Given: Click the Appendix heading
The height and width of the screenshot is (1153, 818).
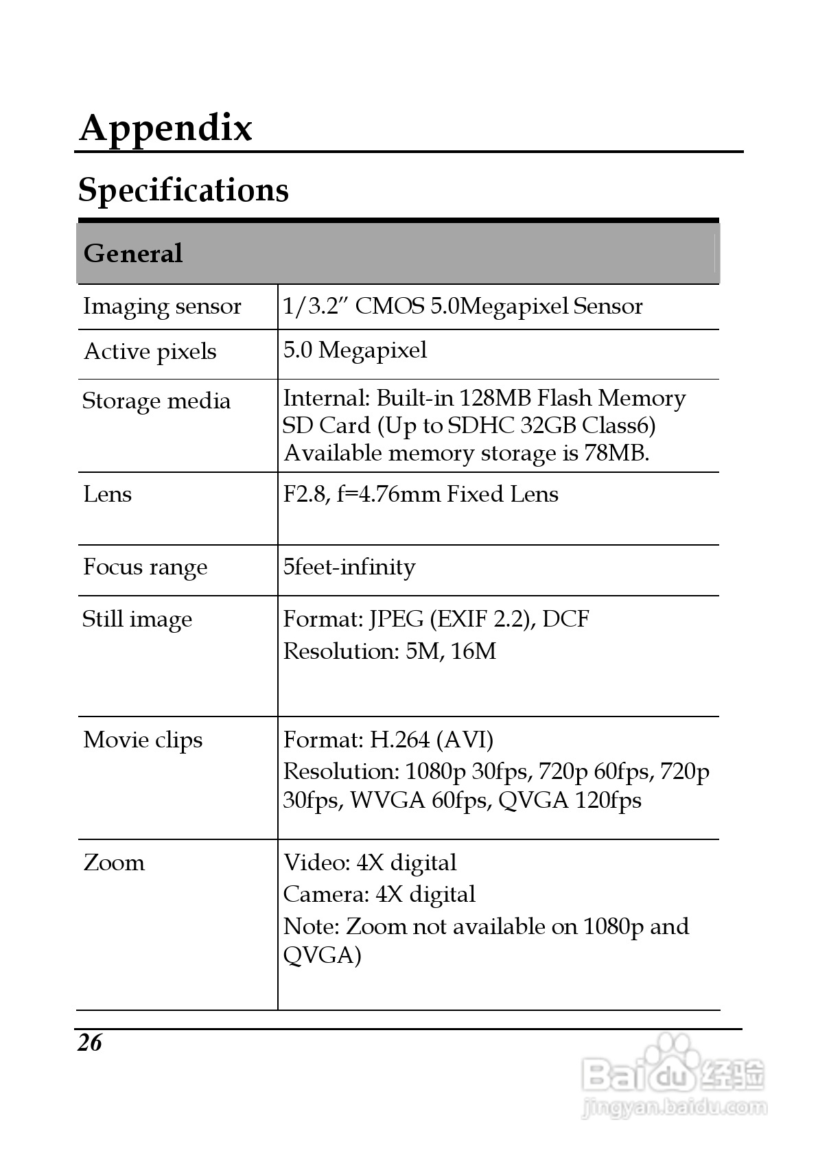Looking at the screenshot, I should click(x=166, y=128).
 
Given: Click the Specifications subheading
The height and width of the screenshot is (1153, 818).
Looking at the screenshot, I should click(x=183, y=190).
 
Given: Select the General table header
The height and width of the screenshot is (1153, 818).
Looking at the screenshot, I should click(x=133, y=253).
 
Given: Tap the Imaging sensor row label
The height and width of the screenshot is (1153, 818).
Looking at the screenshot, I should click(x=162, y=306).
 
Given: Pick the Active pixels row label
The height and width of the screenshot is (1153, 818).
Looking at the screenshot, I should click(x=150, y=351).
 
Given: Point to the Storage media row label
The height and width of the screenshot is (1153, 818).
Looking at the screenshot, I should click(x=156, y=401).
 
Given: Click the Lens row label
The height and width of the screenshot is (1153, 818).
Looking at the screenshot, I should click(x=107, y=494).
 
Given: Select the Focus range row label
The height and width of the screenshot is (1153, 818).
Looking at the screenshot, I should click(x=145, y=568).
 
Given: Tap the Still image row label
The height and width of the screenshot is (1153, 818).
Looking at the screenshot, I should click(x=137, y=619).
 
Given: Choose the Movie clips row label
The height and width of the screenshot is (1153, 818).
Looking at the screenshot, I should click(x=143, y=740).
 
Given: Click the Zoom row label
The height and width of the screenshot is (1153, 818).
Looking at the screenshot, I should click(x=114, y=863).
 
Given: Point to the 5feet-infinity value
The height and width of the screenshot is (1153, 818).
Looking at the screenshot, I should click(x=349, y=568).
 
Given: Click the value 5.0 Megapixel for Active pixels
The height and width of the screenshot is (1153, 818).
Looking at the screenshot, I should click(x=355, y=350).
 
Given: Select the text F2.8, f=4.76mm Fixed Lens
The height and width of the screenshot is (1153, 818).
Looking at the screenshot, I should click(x=421, y=494).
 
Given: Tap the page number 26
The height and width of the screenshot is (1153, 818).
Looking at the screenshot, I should click(x=89, y=1043).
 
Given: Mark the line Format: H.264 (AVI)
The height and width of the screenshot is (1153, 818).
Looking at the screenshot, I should click(x=388, y=740).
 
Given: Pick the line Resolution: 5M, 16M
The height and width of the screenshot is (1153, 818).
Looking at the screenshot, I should click(x=390, y=651).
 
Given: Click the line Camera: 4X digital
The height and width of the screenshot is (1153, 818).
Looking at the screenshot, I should click(x=379, y=894).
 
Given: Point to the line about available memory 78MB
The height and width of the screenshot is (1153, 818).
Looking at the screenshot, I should click(x=467, y=453).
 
